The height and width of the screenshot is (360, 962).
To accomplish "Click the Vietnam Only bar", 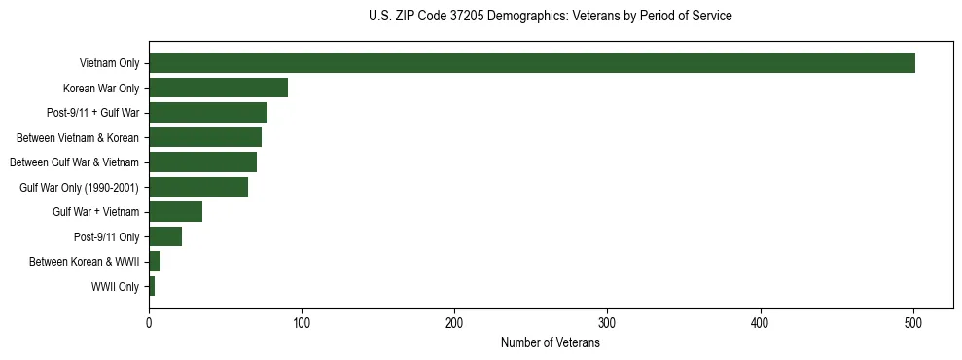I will tap(532, 63).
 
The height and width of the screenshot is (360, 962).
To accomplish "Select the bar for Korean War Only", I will tap(218, 88).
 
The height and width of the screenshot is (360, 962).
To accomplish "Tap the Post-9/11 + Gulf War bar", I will tap(208, 113).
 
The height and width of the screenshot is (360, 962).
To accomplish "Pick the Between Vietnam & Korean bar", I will tap(205, 137).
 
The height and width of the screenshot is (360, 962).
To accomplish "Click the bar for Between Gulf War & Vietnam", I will tap(202, 162).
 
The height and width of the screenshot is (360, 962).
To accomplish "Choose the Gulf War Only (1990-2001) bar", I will tap(198, 187).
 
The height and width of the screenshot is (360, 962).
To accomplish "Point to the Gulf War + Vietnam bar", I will tap(175, 212).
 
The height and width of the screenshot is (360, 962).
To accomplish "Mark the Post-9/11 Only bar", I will tap(165, 236).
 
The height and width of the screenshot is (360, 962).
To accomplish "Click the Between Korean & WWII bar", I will tap(155, 262).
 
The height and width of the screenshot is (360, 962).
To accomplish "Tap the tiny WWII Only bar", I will tap(152, 286).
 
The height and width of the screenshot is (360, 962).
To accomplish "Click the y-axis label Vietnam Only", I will tap(109, 63).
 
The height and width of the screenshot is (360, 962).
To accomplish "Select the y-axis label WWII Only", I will tap(115, 286).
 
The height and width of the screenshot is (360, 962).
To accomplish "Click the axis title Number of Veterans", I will tap(551, 342).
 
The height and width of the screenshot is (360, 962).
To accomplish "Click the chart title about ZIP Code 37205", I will tap(551, 17).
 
